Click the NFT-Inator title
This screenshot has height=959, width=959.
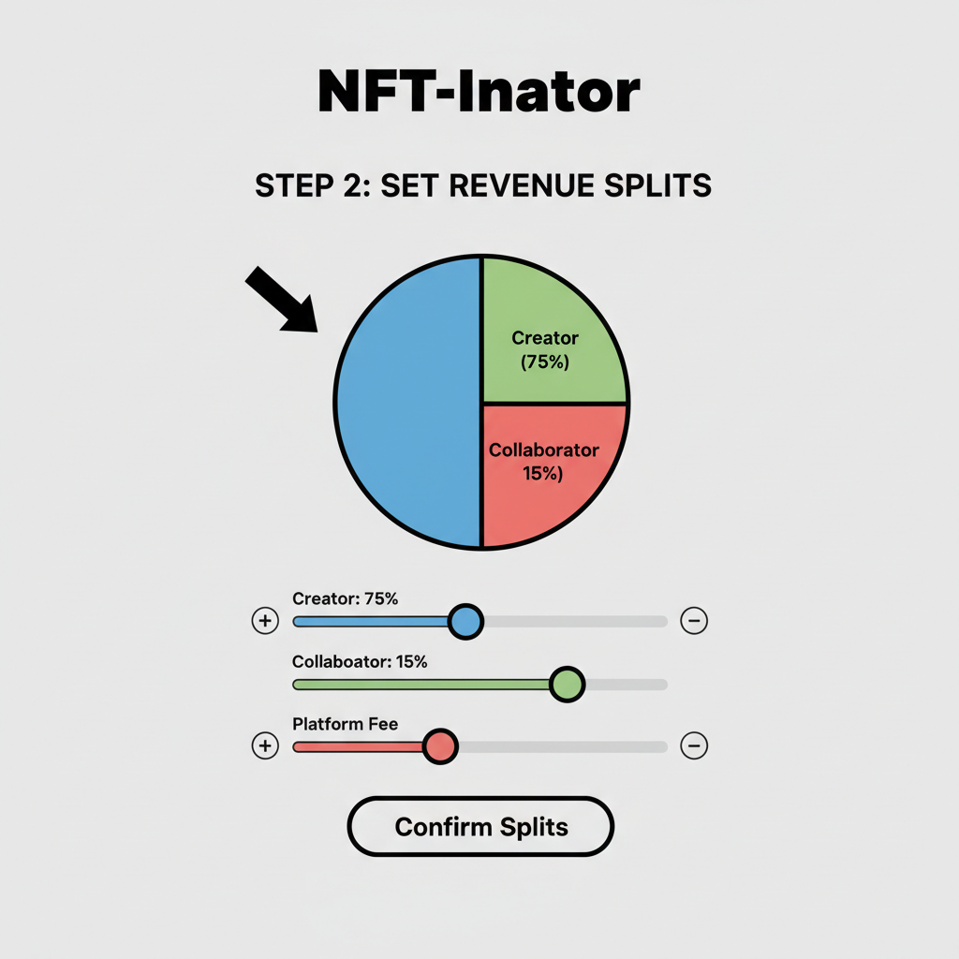[x=479, y=92]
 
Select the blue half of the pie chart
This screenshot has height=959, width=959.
[x=407, y=403]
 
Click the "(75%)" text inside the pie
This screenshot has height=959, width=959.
[x=544, y=362]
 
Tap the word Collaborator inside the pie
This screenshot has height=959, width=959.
[x=544, y=450]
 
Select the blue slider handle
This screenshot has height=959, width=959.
[x=465, y=621]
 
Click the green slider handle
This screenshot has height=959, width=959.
[x=567, y=685]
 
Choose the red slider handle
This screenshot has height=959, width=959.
[x=439, y=746]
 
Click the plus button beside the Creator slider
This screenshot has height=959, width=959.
[x=265, y=620]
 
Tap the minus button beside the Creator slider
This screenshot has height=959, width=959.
[x=694, y=620]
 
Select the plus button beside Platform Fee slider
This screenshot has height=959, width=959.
[x=265, y=745]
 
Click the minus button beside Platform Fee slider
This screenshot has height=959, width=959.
[x=694, y=745]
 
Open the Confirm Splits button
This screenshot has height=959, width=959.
[x=480, y=827]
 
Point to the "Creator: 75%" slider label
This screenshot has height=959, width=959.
[x=345, y=598]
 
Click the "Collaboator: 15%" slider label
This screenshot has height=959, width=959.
[x=360, y=661]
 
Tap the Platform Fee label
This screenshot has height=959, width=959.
[x=345, y=724]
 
